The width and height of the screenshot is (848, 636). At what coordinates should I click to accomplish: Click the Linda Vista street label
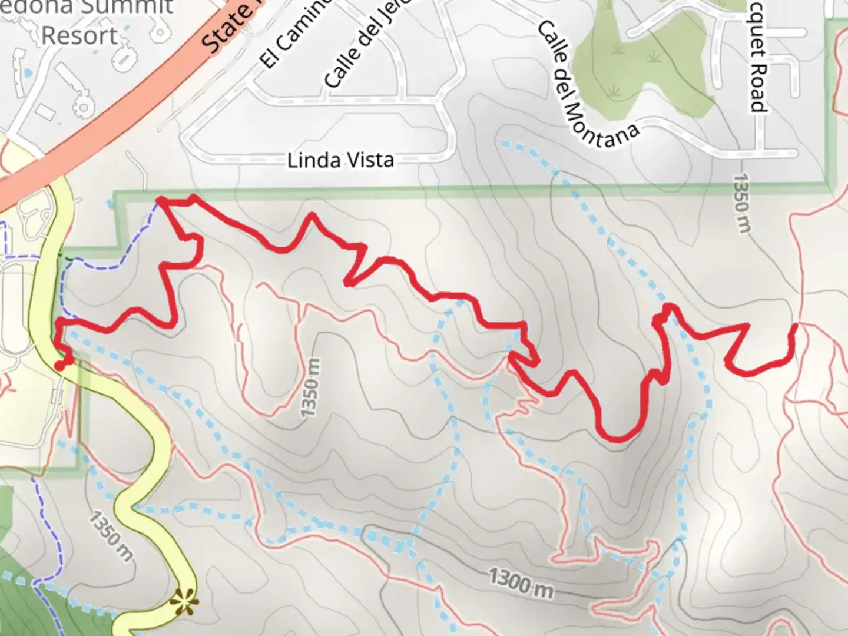(340, 160)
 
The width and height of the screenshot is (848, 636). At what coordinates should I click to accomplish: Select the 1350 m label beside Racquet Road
(741, 203)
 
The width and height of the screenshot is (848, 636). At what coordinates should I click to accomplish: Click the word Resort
(79, 37)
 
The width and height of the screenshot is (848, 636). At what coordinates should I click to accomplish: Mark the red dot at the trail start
(59, 366)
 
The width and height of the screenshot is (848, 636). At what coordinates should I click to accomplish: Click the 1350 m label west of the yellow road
(111, 536)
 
